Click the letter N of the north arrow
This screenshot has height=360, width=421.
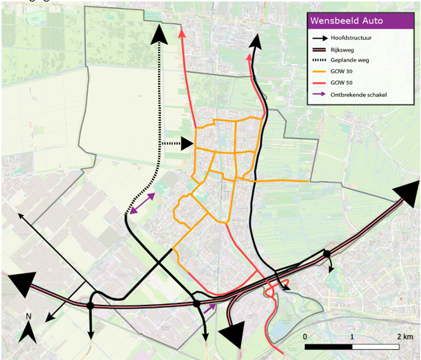(27, 318)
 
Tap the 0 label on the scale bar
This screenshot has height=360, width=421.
(305, 335)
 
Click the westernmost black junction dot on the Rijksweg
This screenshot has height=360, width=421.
(90, 305)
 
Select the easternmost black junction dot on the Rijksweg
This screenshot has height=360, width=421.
(326, 254)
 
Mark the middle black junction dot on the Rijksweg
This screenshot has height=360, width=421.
(196, 303)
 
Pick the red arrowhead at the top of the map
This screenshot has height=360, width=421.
(181, 35)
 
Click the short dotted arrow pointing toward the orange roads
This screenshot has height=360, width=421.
(176, 144)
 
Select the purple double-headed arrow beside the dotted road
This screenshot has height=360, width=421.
(140, 204)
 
